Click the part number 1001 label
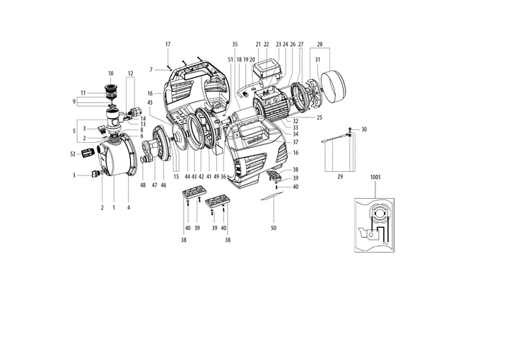(x=375, y=178)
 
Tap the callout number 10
(x=110, y=74)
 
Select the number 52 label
(x=73, y=153)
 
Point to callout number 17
(x=168, y=45)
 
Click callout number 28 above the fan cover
(x=319, y=45)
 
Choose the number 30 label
(x=364, y=129)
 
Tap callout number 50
(x=273, y=228)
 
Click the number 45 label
(x=150, y=102)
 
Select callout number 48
(x=142, y=185)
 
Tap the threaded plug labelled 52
(x=88, y=153)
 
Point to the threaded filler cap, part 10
(x=110, y=91)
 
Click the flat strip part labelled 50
(x=269, y=199)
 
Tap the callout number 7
(x=151, y=69)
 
